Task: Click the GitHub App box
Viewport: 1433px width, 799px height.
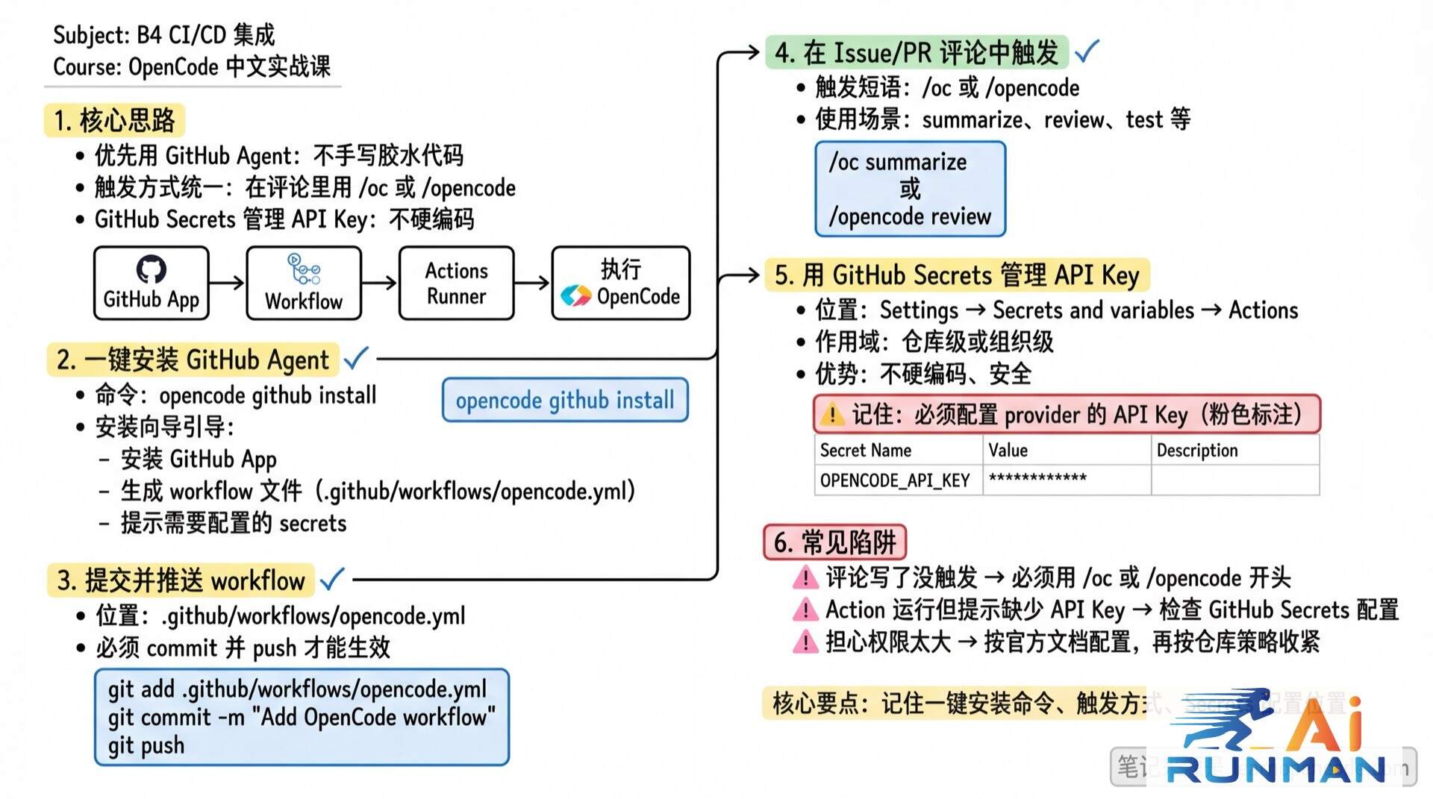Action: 151,283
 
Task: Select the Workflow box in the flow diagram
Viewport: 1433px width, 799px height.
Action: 304,283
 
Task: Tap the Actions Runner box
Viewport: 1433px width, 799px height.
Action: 456,283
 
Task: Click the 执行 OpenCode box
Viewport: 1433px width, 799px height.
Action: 620,283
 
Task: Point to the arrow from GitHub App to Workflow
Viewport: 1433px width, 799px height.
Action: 227,283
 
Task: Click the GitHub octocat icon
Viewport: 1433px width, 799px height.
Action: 151,269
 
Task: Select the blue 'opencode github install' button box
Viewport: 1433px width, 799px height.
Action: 565,401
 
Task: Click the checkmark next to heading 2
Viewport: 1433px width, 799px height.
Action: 356,358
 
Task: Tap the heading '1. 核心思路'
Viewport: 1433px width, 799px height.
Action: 114,120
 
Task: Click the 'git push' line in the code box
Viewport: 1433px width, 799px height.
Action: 146,745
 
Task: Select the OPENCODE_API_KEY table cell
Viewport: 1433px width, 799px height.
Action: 895,480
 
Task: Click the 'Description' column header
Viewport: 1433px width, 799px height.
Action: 1196,451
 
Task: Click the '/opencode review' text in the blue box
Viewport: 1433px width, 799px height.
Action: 910,217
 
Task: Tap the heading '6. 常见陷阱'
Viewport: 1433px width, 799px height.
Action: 834,542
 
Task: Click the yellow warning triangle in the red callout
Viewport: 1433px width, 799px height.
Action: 831,414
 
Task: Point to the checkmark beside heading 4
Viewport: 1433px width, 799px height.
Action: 1087,51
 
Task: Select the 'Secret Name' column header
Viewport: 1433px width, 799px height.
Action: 866,451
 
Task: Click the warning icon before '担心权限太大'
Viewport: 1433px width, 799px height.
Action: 805,642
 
